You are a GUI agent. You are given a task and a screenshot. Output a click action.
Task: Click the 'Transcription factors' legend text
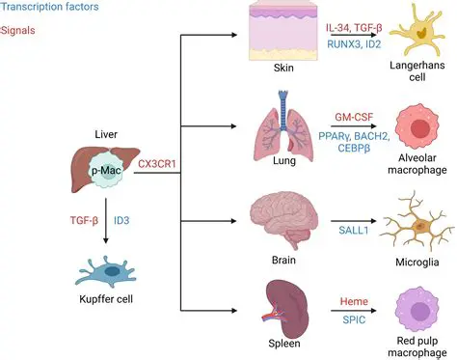[46, 9]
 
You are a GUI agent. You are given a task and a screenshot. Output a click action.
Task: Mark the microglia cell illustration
[416, 226]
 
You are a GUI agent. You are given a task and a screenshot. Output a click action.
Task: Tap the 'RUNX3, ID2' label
[348, 42]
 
